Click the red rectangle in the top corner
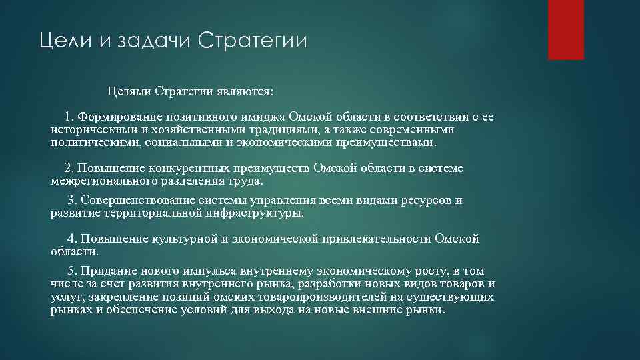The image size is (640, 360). point(566,29)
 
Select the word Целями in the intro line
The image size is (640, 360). point(130,90)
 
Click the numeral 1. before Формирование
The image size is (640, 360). point(71,117)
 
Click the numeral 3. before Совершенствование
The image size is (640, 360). point(73,200)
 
